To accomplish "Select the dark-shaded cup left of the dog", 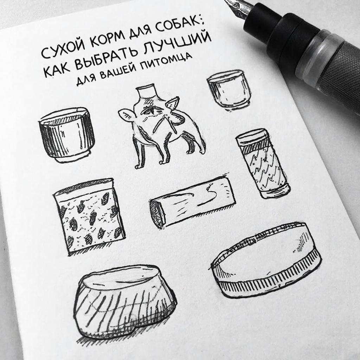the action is (x=66, y=134).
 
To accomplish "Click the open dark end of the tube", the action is (x=157, y=214).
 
